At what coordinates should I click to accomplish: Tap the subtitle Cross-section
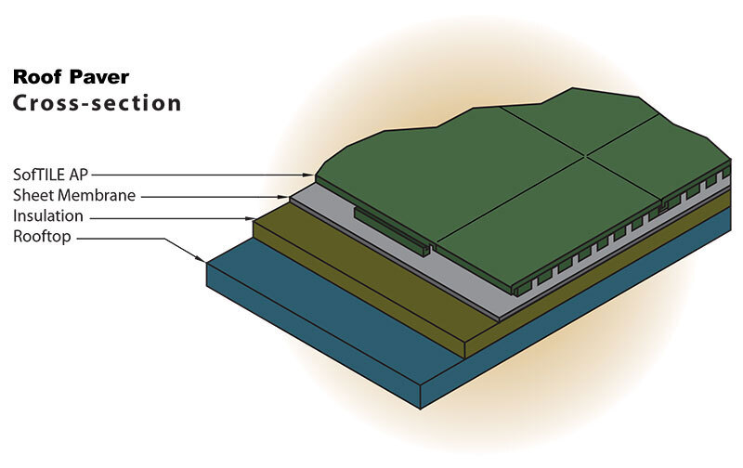pos(97,103)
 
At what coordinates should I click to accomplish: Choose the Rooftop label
pos(43,238)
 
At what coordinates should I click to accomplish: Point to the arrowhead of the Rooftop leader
pos(206,261)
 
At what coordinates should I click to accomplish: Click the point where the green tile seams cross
pos(587,156)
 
